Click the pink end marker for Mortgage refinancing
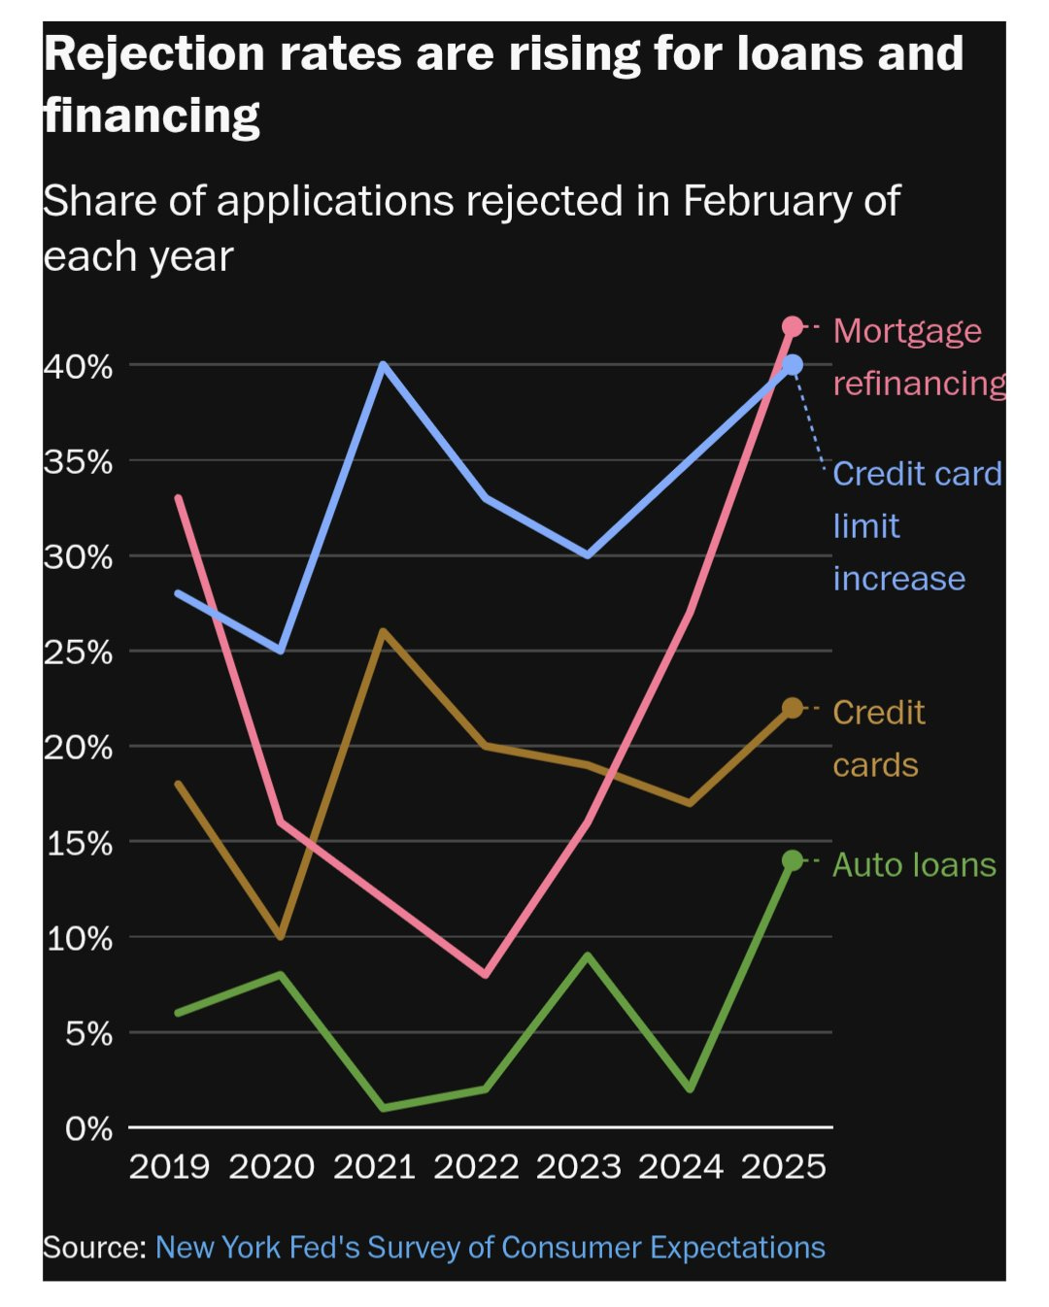793,326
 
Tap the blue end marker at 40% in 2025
793,365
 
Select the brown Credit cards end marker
793,708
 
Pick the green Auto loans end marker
793,860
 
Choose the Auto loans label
914,864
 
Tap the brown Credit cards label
878,738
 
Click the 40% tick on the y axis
78,366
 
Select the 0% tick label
88,1128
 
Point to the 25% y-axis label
78,652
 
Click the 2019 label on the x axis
169,1166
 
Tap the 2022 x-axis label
476,1166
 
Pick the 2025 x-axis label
783,1166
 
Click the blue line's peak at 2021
384,365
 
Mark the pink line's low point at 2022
486,974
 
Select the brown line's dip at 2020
281,937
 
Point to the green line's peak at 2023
588,955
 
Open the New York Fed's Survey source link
490,1247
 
